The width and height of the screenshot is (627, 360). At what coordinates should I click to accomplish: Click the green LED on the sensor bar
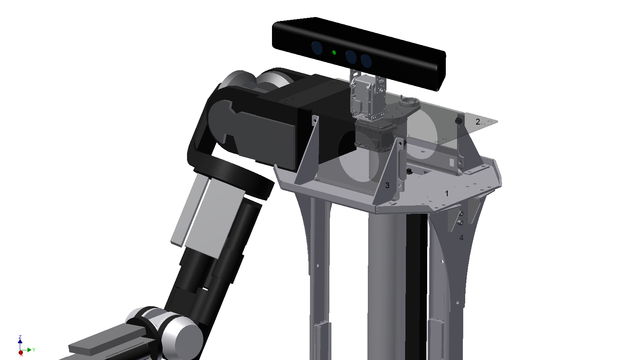pos(334,52)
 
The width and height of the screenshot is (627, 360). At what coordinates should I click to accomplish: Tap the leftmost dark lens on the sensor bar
pos(317,48)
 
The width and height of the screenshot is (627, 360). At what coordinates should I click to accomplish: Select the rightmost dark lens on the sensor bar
pos(366,61)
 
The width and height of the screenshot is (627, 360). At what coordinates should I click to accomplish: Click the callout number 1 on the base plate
pos(447,194)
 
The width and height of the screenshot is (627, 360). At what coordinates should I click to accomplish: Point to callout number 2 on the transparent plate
pos(478,122)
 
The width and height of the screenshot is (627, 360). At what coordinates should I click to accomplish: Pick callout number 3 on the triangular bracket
pos(387,185)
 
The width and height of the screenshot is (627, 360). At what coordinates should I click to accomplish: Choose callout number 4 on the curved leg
pos(461,238)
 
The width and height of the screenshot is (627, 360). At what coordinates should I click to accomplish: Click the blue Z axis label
pos(20,337)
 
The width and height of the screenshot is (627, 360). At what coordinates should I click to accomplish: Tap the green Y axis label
pos(34,350)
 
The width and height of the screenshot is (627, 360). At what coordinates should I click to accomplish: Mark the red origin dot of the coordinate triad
pos(21,353)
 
